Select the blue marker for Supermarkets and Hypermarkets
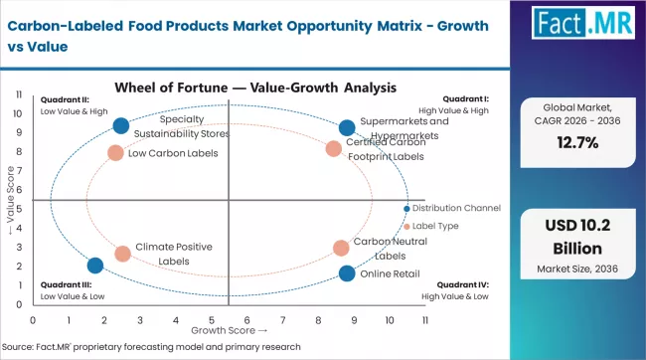click(x=346, y=127)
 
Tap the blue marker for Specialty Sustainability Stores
click(x=120, y=125)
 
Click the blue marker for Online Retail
click(x=346, y=273)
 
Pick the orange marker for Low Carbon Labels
click(x=115, y=153)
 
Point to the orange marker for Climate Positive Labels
click(x=122, y=254)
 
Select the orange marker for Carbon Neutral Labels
click(x=341, y=248)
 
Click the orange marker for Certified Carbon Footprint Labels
click(x=334, y=149)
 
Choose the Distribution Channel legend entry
click(x=456, y=208)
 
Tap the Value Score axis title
click(x=10, y=204)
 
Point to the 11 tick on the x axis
click(x=424, y=320)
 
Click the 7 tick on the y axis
click(x=21, y=171)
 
